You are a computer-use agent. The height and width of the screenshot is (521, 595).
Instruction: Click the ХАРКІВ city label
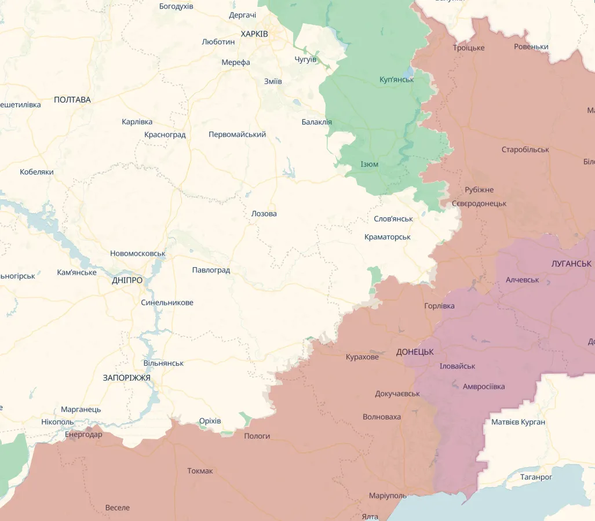tap(254, 34)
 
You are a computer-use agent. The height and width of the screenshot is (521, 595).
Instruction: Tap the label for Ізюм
tap(369, 164)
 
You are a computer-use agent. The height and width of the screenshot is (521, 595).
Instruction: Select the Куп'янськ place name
tap(396, 79)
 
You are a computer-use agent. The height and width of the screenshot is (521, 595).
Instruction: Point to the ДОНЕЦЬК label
tap(415, 352)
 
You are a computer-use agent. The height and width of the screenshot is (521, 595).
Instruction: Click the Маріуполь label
tap(388, 496)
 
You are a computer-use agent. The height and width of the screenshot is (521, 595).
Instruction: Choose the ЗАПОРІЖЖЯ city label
tap(126, 378)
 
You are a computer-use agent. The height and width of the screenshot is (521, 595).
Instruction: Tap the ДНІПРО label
tap(127, 280)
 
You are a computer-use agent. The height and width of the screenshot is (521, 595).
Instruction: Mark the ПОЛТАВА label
tap(72, 100)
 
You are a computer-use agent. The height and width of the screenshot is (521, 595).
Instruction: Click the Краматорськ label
tap(387, 237)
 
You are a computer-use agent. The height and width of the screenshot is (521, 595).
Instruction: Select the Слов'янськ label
tap(393, 218)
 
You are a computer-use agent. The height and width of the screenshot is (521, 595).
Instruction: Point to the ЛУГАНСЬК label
tap(571, 263)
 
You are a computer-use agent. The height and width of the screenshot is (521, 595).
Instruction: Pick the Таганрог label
tap(535, 477)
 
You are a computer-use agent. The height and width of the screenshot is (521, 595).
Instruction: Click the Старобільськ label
tap(525, 150)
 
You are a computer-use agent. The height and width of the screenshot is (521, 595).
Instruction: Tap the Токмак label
tap(200, 471)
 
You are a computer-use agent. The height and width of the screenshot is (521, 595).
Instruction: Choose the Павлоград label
tap(211, 270)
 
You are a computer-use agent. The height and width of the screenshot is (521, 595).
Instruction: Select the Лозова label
tap(264, 213)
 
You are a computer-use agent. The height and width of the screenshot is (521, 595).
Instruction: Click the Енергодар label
tap(83, 435)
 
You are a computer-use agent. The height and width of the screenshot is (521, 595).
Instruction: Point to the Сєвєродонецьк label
tap(479, 203)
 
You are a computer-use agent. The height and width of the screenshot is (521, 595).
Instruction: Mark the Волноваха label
tap(381, 417)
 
